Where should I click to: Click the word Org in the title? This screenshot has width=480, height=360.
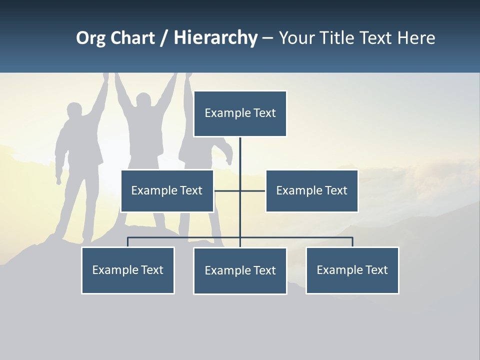point(90,38)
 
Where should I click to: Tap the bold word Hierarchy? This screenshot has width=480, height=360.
point(215,38)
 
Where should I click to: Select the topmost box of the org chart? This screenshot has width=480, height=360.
point(240,113)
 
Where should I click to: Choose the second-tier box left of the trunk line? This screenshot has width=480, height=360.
point(167,191)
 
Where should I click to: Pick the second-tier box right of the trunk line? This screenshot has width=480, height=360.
point(311,191)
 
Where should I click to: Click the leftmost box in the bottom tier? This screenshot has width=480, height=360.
point(128,270)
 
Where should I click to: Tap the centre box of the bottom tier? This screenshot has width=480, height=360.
point(240,271)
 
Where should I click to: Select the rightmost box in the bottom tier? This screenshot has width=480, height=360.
point(352,270)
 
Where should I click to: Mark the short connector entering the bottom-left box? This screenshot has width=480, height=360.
point(128,242)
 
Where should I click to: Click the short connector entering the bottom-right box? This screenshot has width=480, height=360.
point(352,242)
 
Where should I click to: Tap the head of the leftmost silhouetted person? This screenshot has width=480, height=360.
point(74,111)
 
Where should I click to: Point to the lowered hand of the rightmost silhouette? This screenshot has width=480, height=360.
point(229,159)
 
